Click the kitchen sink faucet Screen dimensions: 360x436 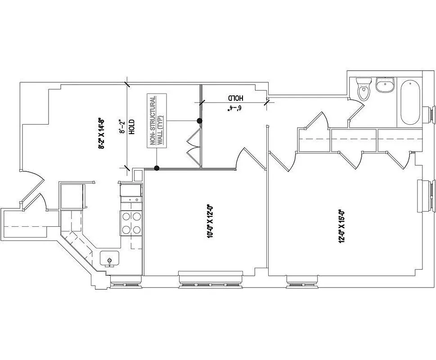(x=109, y=261)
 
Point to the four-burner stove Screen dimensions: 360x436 (x=131, y=223)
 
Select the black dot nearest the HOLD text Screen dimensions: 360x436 (x=156, y=168)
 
